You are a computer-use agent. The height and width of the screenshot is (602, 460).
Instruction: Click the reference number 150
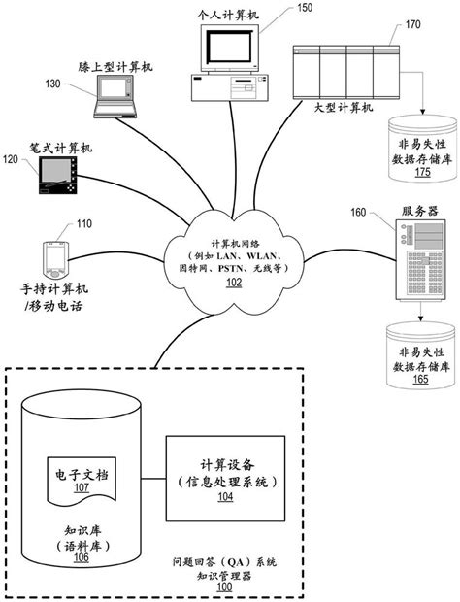[x=304, y=8]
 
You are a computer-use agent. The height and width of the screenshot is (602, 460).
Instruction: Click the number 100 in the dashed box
[x=223, y=587]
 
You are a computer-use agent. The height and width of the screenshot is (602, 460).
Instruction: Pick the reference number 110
[x=84, y=225]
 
